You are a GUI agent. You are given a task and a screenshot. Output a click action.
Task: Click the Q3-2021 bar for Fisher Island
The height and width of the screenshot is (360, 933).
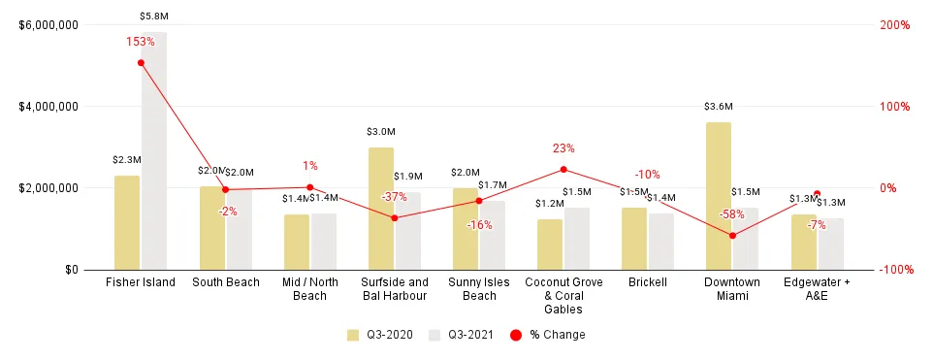point(153,150)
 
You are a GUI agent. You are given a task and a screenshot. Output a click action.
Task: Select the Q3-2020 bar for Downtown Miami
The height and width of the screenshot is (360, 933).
point(719,195)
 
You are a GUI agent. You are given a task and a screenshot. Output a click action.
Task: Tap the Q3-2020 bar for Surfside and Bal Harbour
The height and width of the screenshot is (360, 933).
point(381,208)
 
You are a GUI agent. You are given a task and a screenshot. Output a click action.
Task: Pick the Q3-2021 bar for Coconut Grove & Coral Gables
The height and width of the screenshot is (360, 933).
point(576,238)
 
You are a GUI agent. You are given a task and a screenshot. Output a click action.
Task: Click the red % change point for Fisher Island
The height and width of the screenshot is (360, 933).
point(141,63)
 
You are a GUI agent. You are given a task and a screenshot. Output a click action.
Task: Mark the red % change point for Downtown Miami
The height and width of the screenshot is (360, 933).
point(732,236)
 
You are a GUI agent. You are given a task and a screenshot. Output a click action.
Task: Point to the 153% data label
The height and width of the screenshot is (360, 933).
point(141,42)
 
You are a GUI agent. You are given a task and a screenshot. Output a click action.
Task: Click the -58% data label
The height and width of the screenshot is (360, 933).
point(732,214)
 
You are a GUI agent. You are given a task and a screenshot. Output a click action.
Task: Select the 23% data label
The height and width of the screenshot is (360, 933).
point(563,148)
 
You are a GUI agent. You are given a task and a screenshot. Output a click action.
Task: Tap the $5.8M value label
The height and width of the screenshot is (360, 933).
point(153,16)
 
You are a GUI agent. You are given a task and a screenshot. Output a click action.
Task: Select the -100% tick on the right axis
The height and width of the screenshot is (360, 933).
point(895,270)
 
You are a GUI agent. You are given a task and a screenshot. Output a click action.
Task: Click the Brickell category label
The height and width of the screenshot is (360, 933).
point(648,282)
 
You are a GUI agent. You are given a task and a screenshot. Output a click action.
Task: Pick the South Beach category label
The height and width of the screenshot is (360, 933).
point(225,282)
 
